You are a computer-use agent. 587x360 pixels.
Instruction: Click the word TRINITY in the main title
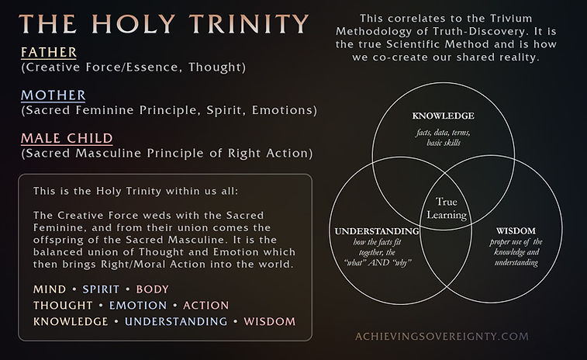(x=249, y=23)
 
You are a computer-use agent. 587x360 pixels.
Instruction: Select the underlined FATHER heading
(x=49, y=52)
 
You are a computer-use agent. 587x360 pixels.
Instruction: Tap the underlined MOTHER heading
(x=54, y=95)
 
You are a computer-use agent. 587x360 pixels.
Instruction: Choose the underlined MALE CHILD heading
(x=67, y=138)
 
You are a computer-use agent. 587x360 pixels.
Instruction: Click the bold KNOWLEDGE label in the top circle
(x=444, y=116)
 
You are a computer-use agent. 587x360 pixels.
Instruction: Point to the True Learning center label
(x=447, y=208)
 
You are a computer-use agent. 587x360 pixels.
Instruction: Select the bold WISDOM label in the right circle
(x=516, y=230)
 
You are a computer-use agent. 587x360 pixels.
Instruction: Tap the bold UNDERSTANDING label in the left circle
(x=377, y=231)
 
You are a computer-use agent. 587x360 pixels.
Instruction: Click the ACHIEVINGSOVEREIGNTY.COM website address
(x=442, y=336)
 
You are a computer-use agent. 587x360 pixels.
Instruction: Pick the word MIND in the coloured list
(x=50, y=289)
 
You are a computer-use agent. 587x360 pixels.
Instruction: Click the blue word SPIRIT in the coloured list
(x=101, y=289)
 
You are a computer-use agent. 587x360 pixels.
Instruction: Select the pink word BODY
(x=152, y=289)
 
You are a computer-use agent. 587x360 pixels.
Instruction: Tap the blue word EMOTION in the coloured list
(x=138, y=306)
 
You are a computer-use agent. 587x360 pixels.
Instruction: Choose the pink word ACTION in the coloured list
(x=206, y=306)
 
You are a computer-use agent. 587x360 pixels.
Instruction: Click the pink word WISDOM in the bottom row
(x=270, y=321)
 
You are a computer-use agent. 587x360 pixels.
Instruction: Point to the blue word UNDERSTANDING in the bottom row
(x=176, y=321)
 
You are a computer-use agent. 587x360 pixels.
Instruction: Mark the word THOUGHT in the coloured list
(x=63, y=306)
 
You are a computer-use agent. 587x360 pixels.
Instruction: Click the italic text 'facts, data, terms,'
(x=444, y=132)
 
